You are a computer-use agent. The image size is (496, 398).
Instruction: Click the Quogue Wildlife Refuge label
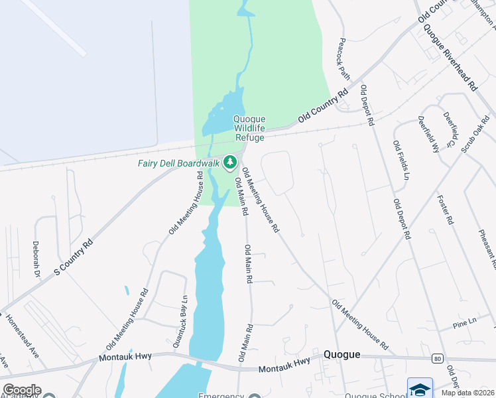248,128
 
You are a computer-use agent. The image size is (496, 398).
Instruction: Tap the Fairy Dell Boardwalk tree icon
230,162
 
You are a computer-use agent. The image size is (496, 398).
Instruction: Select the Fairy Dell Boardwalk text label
178,163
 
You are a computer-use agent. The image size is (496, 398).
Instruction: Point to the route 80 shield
436,358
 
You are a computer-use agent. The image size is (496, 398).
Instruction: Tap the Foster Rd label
445,210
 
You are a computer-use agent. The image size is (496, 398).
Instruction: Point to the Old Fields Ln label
401,161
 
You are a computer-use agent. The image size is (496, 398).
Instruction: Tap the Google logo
21,390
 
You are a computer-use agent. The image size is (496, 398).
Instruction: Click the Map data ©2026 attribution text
467,393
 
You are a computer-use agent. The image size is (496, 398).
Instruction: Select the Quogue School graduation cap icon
420,389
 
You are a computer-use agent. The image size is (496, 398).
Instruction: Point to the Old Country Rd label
323,106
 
